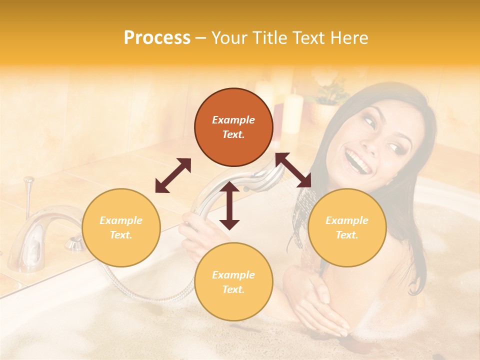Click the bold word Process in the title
pos(157,38)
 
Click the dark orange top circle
pos(233,127)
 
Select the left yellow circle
pos(121,227)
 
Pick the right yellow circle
pos(347,227)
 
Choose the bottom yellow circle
pos(233,282)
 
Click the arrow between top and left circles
pos(173,175)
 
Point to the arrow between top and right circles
pos(293,170)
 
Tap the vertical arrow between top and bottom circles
pos(229,205)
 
